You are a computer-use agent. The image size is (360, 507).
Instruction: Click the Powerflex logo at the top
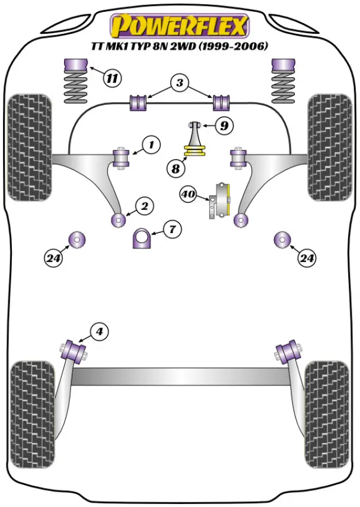(x=180, y=27)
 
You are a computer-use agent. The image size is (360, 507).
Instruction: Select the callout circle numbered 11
(x=111, y=77)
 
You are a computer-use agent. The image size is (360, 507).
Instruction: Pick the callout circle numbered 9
(x=224, y=126)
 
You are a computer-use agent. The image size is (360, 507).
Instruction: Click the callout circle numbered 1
(x=151, y=144)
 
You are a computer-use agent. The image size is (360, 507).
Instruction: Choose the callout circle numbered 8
(x=176, y=169)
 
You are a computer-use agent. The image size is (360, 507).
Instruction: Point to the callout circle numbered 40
(x=189, y=194)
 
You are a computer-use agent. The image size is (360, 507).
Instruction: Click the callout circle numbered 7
(x=171, y=228)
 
